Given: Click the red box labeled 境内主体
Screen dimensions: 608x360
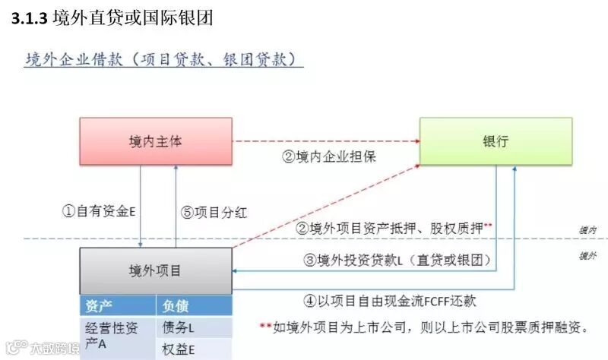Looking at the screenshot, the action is (156, 141).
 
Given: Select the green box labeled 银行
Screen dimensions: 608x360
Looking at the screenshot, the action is (495, 141).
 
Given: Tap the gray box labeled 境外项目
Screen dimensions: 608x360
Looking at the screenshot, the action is (156, 270).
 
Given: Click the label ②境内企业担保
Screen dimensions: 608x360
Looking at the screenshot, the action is (329, 157).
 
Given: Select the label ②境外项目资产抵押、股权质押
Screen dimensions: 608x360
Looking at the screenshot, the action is (394, 227).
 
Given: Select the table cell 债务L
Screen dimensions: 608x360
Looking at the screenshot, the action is (179, 327).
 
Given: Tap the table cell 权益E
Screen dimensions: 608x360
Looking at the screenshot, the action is (179, 349).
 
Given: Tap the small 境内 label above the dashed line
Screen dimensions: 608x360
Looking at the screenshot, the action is (587, 229).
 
